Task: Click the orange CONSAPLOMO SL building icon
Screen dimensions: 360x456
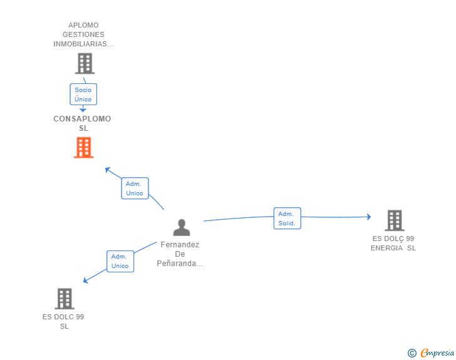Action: pyautogui.click(x=83, y=148)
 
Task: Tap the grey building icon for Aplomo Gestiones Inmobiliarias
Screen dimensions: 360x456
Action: pyautogui.click(x=84, y=63)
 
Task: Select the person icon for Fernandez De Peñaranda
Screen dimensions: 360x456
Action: pyautogui.click(x=182, y=227)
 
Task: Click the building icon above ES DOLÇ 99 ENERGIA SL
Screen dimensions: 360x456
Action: pyautogui.click(x=394, y=220)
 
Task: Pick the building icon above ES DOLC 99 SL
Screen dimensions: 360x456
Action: pyautogui.click(x=65, y=299)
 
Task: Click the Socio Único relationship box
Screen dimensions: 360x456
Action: pyautogui.click(x=83, y=95)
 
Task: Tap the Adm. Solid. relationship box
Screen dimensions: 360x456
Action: pyautogui.click(x=287, y=219)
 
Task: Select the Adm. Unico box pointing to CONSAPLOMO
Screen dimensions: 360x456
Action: pyautogui.click(x=135, y=188)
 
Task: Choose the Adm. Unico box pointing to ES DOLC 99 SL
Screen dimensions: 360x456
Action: pyautogui.click(x=120, y=261)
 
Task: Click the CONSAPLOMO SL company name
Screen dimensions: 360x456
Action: pyautogui.click(x=82, y=123)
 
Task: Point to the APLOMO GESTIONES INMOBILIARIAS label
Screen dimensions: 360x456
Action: pyautogui.click(x=83, y=35)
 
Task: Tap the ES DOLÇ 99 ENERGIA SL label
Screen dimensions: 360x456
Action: pyautogui.click(x=393, y=243)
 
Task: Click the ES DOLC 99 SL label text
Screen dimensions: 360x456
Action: pyautogui.click(x=64, y=321)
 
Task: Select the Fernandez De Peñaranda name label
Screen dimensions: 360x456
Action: pyautogui.click(x=180, y=254)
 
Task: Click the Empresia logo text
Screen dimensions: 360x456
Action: pyautogui.click(x=437, y=352)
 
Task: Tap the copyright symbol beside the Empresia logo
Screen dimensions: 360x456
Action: pyautogui.click(x=412, y=353)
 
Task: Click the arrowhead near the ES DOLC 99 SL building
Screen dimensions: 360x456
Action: pyautogui.click(x=86, y=281)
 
